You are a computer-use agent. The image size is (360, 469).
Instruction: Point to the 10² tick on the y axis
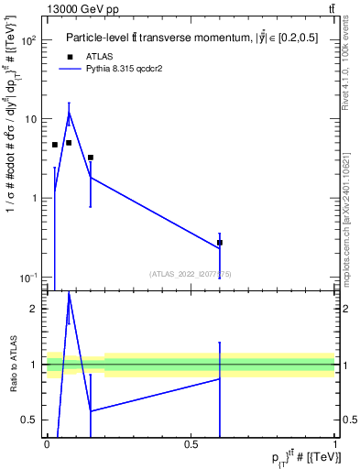pyautogui.click(x=30, y=40)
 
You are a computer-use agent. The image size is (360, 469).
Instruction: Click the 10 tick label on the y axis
pyautogui.click(x=30, y=119)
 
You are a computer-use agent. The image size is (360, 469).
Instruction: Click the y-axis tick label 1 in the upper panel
pyautogui.click(x=34, y=198)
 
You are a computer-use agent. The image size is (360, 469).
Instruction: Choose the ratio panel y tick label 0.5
pyautogui.click(x=30, y=420)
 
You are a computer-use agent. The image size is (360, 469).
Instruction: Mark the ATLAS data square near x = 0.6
pyautogui.click(x=220, y=243)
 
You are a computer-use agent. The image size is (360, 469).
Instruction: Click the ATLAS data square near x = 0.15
pyautogui.click(x=90, y=158)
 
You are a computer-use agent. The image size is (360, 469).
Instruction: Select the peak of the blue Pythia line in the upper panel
pyautogui.click(x=69, y=112)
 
